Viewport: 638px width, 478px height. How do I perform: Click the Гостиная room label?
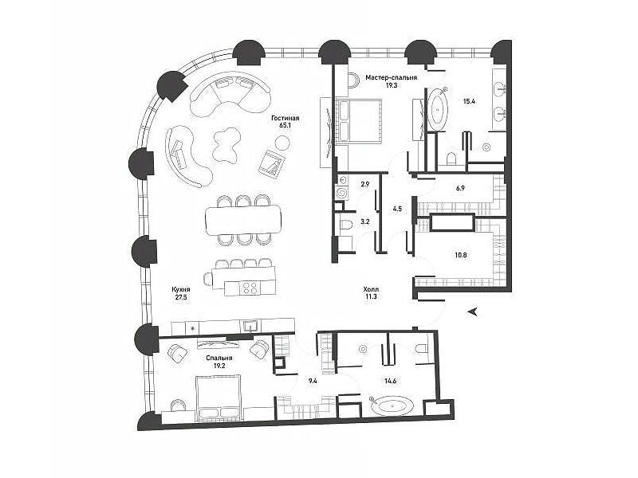coord(286,118)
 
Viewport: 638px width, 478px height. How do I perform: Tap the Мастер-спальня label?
coord(391,77)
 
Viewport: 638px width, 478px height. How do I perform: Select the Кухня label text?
coord(181,290)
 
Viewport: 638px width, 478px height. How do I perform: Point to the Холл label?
coord(371,289)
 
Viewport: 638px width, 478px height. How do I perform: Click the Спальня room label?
coord(219,358)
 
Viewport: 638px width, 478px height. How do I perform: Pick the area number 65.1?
coord(285,126)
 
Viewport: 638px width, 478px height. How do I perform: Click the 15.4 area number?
coord(469,101)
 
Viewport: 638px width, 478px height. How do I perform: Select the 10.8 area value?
coord(461,255)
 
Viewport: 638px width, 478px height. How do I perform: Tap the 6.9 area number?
coord(460,188)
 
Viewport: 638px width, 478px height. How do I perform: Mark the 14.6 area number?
coord(390,381)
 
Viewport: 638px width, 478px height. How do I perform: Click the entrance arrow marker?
coord(472,311)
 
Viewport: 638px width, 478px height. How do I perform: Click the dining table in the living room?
coord(243,221)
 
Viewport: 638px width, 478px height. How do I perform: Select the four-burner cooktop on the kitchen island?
coord(250,288)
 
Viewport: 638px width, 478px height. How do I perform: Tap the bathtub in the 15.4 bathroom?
coord(437,109)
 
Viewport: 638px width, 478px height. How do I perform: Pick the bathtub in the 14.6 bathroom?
coord(392,406)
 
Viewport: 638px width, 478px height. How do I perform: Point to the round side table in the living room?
coord(282,143)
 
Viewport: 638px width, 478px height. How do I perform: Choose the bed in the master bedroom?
coord(357,121)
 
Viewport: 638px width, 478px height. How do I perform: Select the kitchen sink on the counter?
coord(250,325)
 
